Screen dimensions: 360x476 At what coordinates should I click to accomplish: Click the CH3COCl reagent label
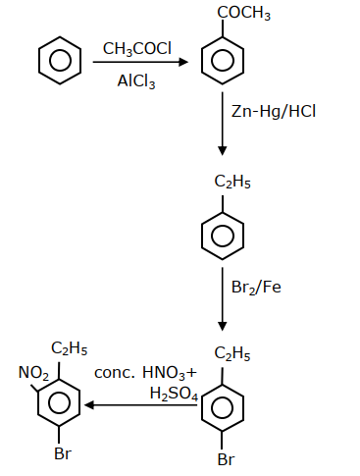[x=137, y=49]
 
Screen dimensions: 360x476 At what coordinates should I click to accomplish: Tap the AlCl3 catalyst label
[x=136, y=81]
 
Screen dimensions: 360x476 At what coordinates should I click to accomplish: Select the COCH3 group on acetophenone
[x=244, y=13]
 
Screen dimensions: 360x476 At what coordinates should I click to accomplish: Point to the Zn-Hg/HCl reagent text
[x=274, y=111]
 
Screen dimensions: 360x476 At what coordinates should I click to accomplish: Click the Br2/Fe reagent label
[x=256, y=288]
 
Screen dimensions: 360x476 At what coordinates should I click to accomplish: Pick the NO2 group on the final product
[x=33, y=373]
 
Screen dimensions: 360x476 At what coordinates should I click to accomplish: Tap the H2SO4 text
[x=174, y=394]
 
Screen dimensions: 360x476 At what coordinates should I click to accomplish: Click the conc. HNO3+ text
[x=145, y=373]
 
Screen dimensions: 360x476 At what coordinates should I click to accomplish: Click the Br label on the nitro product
[x=63, y=453]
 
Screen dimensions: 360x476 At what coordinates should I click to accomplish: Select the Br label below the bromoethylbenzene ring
[x=226, y=459]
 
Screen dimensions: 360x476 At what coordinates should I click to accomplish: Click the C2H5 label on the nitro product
[x=70, y=348]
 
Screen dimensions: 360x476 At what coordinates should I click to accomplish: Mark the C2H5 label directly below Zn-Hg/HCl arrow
[x=232, y=182]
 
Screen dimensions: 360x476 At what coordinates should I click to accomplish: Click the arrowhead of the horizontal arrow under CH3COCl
[x=183, y=62]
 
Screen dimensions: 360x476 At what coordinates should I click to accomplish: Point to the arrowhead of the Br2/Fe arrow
[x=223, y=326]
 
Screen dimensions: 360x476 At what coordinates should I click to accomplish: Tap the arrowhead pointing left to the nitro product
[x=89, y=405]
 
